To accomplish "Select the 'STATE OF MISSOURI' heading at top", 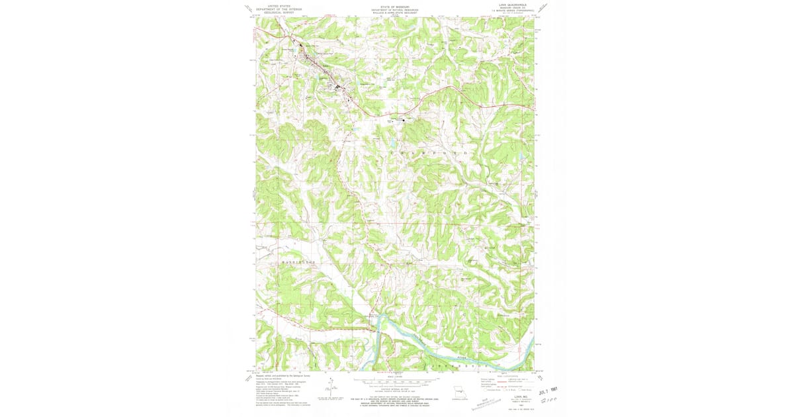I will [394, 7].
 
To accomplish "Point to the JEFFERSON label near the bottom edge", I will [459, 365].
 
